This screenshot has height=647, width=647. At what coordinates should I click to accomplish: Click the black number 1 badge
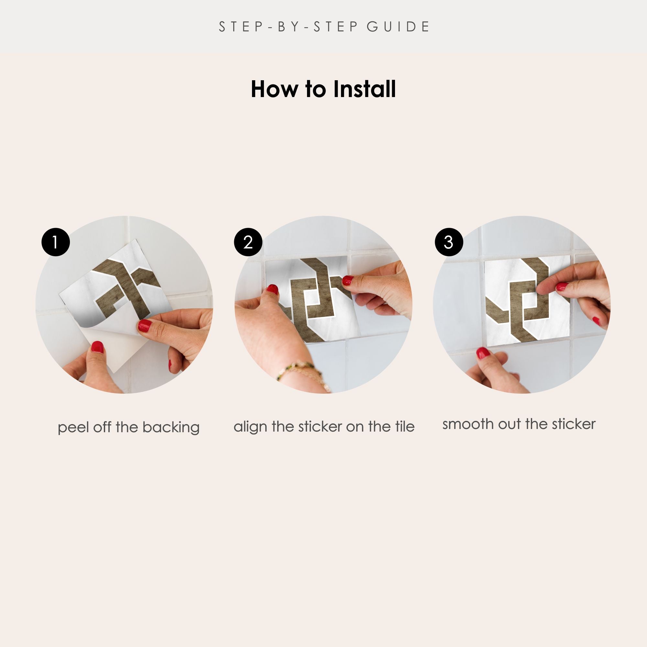(x=56, y=242)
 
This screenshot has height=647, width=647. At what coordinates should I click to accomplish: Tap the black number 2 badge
(x=248, y=242)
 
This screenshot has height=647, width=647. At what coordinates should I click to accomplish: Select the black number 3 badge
(x=449, y=242)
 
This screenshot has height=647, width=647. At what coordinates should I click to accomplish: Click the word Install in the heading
(x=364, y=89)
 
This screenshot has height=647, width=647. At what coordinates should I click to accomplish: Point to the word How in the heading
(x=274, y=89)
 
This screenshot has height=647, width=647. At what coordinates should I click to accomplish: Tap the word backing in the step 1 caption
(x=171, y=428)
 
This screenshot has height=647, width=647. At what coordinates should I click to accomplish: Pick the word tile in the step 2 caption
(x=405, y=426)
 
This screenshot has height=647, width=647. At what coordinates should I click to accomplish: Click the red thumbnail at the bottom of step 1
(x=97, y=347)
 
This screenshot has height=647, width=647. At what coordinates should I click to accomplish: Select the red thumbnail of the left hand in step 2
(x=273, y=289)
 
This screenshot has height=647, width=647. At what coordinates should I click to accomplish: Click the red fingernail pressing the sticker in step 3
(x=562, y=286)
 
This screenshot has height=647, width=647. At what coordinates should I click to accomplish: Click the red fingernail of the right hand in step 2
(x=348, y=280)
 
